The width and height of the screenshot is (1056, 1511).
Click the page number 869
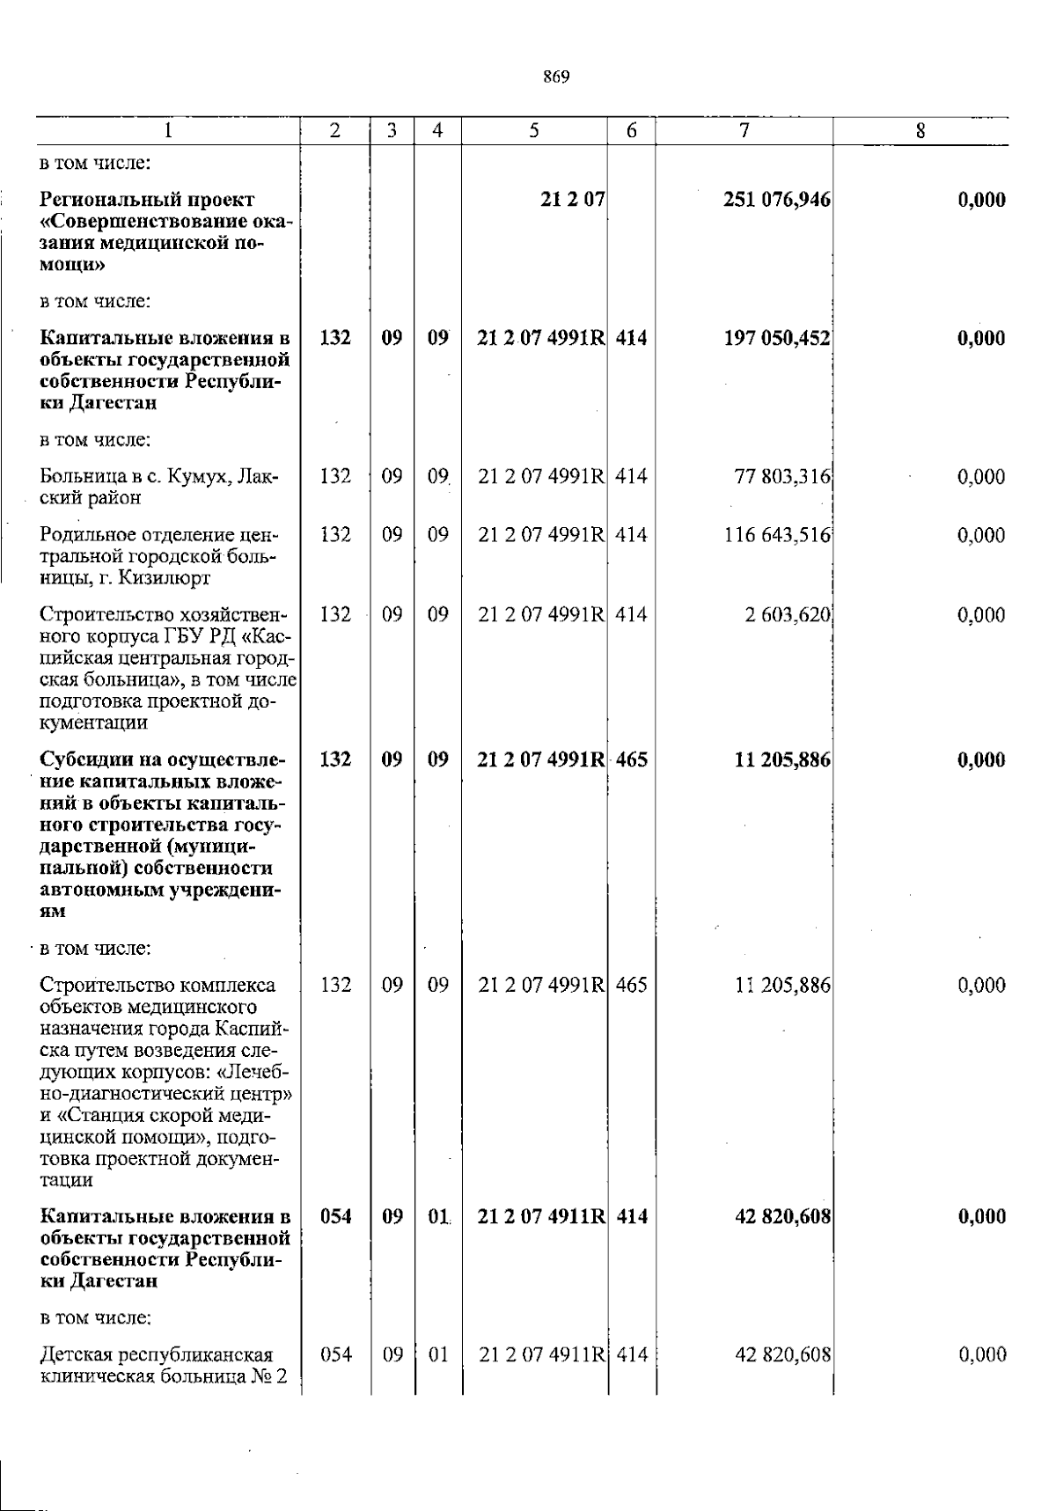pos(556,77)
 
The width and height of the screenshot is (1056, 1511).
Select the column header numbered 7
pos(744,130)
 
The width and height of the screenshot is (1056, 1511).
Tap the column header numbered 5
pos(534,130)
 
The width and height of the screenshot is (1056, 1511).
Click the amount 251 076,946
pos(776,200)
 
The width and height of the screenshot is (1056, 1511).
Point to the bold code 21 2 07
pos(572,200)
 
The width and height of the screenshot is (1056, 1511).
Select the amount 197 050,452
pos(776,338)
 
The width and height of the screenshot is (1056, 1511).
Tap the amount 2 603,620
pos(788,615)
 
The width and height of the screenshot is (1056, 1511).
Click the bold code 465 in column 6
pos(631,759)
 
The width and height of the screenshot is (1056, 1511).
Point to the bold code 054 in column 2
pos(335,1217)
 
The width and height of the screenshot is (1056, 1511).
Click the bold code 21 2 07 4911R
pos(540,1217)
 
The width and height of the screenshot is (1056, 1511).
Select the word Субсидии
pos(80,759)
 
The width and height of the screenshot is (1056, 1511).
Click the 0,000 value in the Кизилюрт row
pos(981,535)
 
